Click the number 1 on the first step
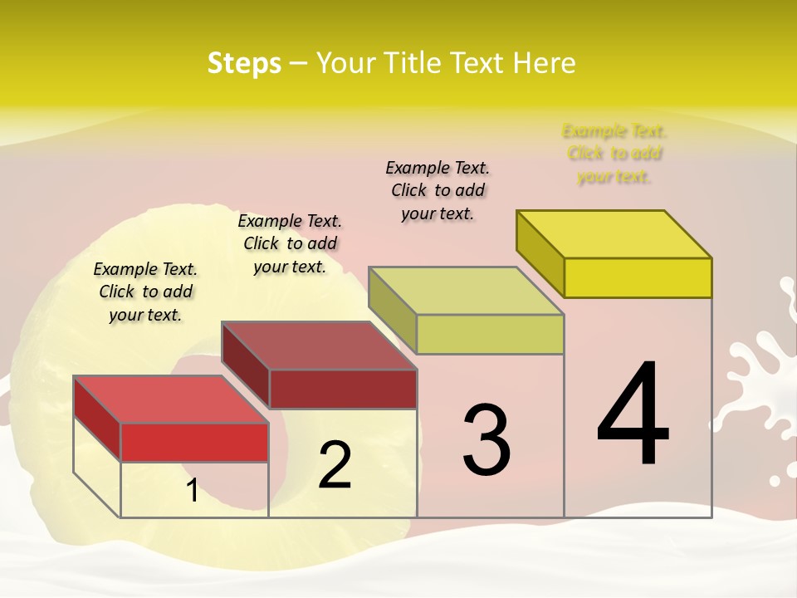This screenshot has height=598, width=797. pyautogui.click(x=193, y=490)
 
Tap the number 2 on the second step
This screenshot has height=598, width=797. pyautogui.click(x=335, y=464)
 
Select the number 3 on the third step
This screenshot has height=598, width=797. pyautogui.click(x=487, y=439)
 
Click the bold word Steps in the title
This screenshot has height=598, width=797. pyautogui.click(x=244, y=63)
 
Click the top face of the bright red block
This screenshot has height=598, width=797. pyautogui.click(x=170, y=399)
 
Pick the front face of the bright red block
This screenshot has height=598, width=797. pyautogui.click(x=194, y=442)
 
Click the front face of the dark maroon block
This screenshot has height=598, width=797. pyautogui.click(x=342, y=389)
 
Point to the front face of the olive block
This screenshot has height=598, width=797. pyautogui.click(x=490, y=334)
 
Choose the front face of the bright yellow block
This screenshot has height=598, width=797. pyautogui.click(x=638, y=277)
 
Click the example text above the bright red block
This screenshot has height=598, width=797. pyautogui.click(x=145, y=292)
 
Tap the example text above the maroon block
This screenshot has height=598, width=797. pyautogui.click(x=290, y=243)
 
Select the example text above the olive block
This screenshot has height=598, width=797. pyautogui.click(x=438, y=190)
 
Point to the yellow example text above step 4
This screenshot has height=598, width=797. pyautogui.click(x=614, y=154)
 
